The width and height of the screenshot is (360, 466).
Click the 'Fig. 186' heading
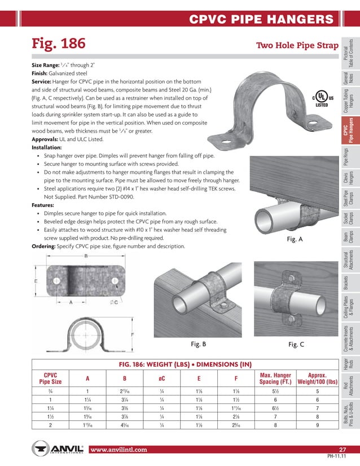59,44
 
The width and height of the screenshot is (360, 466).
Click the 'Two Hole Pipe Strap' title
297,45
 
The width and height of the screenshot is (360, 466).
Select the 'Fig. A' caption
295,239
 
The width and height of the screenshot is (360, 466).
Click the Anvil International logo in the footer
58,450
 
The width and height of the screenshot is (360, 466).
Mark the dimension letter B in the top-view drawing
86,257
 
